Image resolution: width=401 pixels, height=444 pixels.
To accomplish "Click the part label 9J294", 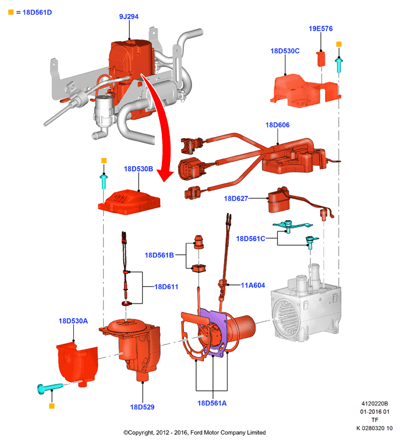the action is click(129, 16).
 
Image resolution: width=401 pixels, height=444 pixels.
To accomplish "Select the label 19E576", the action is click(321, 29).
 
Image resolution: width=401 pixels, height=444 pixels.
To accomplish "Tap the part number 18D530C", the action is click(285, 51).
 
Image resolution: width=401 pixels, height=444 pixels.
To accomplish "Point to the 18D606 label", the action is click(278, 125).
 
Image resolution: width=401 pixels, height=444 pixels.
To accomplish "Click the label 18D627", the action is click(236, 199).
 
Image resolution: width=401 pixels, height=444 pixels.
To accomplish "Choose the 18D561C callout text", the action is click(251, 239).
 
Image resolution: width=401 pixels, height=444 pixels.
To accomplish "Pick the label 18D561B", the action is click(159, 255).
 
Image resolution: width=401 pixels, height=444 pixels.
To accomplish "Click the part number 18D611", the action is click(166, 287).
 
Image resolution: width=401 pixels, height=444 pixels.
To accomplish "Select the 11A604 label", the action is click(253, 285).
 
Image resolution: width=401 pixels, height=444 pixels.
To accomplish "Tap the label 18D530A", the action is click(73, 321).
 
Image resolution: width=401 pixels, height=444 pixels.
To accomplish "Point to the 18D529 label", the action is click(142, 407).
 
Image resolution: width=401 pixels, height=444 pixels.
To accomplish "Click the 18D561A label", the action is click(212, 403).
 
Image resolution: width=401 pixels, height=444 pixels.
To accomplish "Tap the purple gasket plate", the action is click(215, 334).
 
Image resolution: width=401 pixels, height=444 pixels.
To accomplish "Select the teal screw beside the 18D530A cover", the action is click(50, 388).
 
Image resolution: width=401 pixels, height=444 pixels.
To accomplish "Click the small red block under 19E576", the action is click(321, 59).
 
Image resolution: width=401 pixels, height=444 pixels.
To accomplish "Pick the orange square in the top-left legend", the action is click(11, 12).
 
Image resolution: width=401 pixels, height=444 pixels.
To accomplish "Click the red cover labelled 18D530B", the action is click(129, 202).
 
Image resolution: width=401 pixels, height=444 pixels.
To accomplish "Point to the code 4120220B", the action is click(375, 404).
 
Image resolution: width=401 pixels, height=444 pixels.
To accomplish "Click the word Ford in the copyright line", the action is click(197, 432).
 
